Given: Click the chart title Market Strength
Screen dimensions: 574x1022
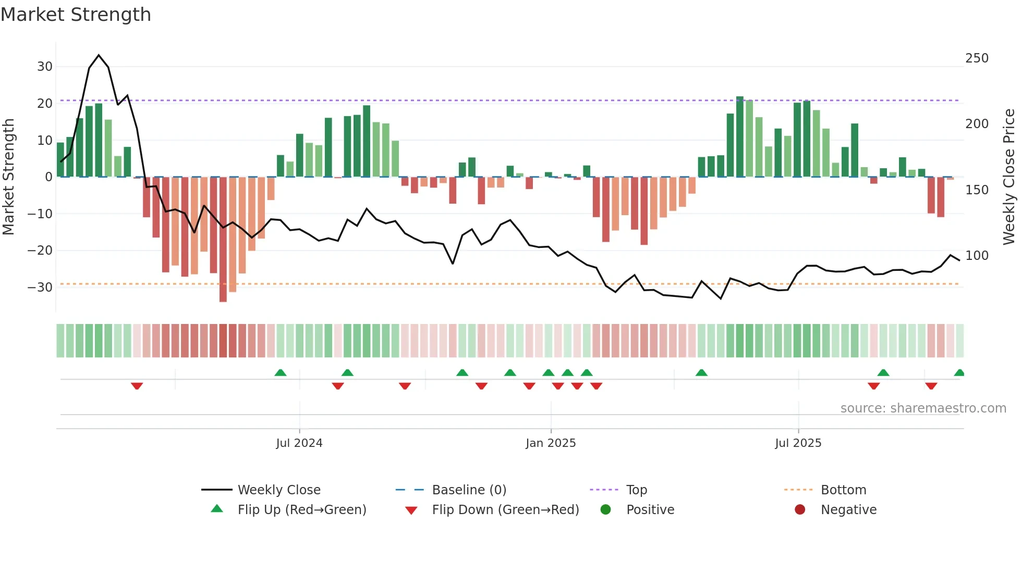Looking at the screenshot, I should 76,15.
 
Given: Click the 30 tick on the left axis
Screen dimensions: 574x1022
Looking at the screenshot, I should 45,67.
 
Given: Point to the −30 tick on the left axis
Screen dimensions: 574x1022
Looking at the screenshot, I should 41,288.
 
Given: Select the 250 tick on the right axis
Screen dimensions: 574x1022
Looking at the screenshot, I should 976,58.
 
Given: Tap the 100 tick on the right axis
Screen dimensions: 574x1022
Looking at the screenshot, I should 976,256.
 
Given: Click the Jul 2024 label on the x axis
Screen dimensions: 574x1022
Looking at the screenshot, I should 299,443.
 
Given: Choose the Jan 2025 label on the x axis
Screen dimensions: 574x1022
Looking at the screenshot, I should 551,443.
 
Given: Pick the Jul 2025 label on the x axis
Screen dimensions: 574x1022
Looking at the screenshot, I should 798,443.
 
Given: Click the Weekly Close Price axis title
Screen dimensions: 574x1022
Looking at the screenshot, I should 1009,177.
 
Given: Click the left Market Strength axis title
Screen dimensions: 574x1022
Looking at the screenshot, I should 8,177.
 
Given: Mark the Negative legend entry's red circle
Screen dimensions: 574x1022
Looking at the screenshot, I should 800,510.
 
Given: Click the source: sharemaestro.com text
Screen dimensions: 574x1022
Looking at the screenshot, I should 923,408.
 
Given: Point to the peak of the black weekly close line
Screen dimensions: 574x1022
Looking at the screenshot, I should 99,55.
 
